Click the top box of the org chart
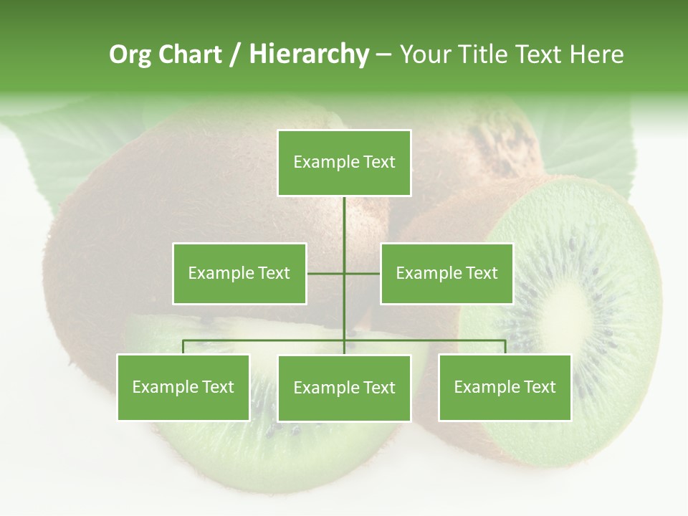[x=344, y=163]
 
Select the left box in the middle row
[x=239, y=273]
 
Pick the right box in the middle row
[x=446, y=273]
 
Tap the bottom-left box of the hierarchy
[x=183, y=387]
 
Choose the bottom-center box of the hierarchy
[x=344, y=388]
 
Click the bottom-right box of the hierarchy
[x=505, y=387]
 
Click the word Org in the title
[x=130, y=54]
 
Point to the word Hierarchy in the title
[x=308, y=54]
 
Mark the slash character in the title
[x=235, y=54]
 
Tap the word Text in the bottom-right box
[x=540, y=387]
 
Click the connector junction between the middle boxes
[x=344, y=273]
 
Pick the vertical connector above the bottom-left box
[x=183, y=347]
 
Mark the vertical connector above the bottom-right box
[x=505, y=347]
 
